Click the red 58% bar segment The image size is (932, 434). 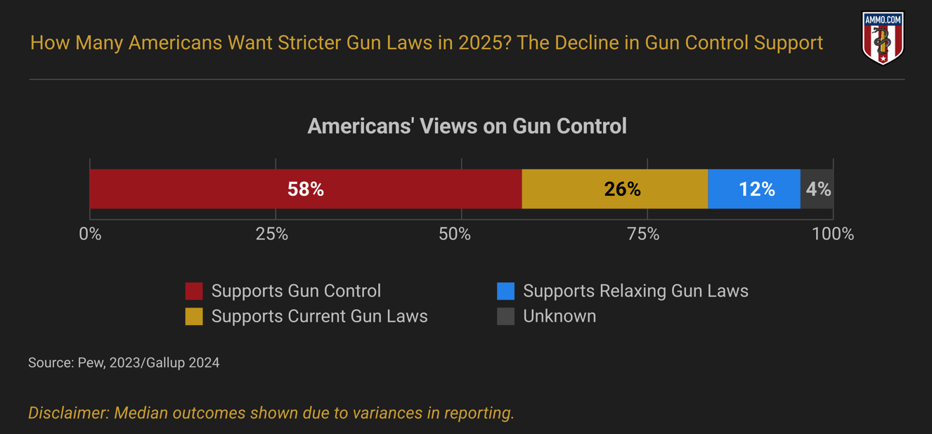[306, 189]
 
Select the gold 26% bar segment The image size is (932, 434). [614, 189]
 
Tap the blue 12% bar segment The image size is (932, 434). [753, 189]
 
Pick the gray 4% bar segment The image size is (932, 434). [817, 189]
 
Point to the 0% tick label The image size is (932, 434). [90, 235]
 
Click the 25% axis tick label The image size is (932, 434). [272, 235]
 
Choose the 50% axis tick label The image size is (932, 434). [455, 235]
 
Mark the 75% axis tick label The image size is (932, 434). [643, 235]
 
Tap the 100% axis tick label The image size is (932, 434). [833, 235]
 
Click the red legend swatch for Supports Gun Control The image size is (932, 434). [194, 291]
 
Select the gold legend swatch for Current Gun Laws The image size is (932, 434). [194, 316]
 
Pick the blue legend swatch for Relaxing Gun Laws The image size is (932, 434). [505, 291]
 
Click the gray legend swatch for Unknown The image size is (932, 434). [505, 316]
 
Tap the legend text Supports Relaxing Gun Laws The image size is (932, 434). [635, 291]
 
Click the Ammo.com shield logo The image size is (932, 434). [883, 38]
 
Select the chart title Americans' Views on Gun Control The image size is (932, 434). [467, 126]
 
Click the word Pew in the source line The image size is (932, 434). [91, 363]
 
